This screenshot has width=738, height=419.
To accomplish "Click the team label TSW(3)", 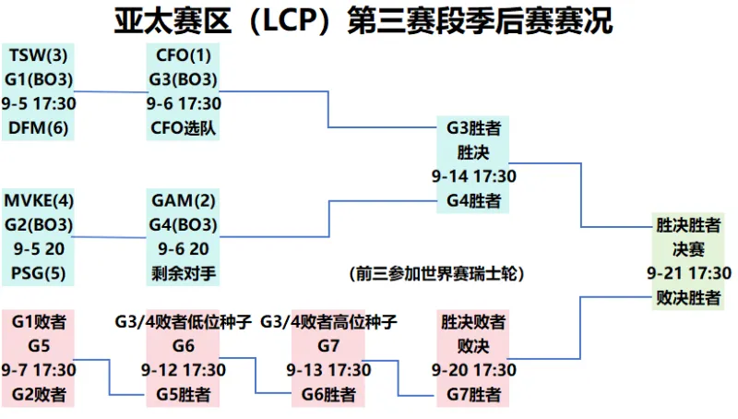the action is point(38,55).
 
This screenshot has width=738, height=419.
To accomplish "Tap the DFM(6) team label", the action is point(38,127).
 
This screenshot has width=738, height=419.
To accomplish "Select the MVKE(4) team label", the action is point(39,200).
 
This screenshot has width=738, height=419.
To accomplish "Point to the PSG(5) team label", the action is point(38,273).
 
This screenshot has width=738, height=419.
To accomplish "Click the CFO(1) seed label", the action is point(183,55).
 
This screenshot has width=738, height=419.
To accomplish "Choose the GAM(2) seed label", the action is point(183,200).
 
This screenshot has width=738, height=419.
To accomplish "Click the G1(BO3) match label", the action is point(39,79).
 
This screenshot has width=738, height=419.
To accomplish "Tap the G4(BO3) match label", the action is point(183,224).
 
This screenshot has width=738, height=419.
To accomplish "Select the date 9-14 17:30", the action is point(473,176).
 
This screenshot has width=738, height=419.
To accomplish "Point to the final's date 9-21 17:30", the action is point(688,273).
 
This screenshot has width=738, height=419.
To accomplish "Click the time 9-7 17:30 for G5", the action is point(39,370).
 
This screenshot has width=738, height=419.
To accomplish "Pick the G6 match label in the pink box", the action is point(183,346).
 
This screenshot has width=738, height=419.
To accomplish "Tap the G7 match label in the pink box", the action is point(328,346).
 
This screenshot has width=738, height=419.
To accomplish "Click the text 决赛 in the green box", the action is point(688,249).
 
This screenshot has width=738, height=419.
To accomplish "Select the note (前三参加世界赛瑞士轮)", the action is point(436,273).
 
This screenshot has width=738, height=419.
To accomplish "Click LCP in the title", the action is point(290,20).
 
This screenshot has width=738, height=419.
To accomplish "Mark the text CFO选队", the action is point(183,127).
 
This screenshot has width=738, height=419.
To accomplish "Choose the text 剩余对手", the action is point(183,273).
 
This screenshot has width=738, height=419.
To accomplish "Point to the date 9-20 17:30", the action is point(473,370).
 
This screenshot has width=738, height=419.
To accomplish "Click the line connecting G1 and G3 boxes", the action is point(111,92).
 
